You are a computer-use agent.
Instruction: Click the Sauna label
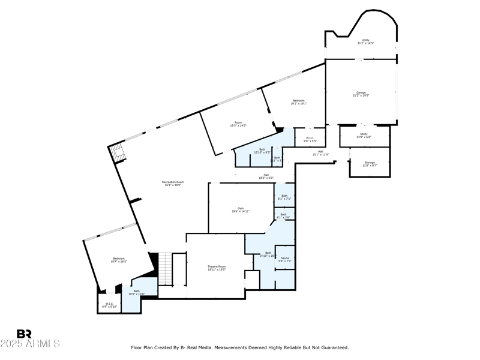pyautogui.click(x=285, y=259)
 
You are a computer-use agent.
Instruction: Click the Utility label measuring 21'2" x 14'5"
pyautogui.click(x=365, y=41)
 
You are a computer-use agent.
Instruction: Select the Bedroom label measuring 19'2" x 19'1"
pyautogui.click(x=299, y=101)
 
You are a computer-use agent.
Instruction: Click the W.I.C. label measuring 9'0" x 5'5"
pyautogui.click(x=310, y=140)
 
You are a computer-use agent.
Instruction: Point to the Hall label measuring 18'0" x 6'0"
pyautogui.click(x=266, y=176)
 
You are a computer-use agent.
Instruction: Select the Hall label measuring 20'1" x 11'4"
pyautogui.click(x=320, y=153)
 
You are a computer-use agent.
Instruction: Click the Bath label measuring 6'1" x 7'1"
pyautogui.click(x=284, y=197)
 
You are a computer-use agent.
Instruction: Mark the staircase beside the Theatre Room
pyautogui.click(x=166, y=269)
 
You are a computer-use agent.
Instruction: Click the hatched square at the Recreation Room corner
pyautogui.click(x=117, y=153)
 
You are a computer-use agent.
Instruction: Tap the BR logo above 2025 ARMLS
pyautogui.click(x=24, y=334)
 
